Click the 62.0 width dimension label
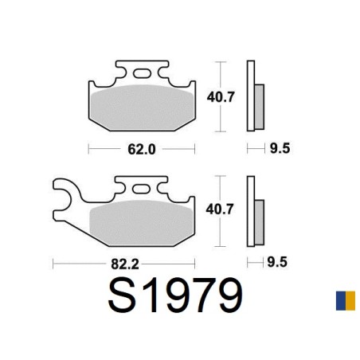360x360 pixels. (x=142, y=149)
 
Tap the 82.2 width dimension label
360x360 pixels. (x=125, y=264)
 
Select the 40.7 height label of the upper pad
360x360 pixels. (x=221, y=97)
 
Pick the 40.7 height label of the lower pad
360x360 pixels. (x=220, y=209)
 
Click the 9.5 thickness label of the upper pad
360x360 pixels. (x=280, y=148)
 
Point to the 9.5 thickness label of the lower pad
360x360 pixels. (x=277, y=262)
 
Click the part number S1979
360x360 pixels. (x=175, y=295)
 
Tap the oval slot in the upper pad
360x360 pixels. (x=142, y=73)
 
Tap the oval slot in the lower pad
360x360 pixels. (x=142, y=189)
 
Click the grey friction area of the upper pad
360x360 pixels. (x=142, y=108)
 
